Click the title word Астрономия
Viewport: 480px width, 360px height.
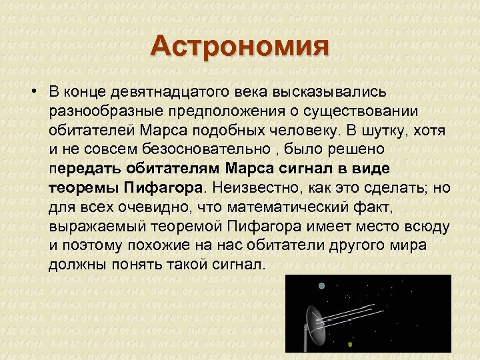[240, 48]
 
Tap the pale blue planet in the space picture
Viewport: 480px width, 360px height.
[322, 286]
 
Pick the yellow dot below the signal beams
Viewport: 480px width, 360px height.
[350, 345]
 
